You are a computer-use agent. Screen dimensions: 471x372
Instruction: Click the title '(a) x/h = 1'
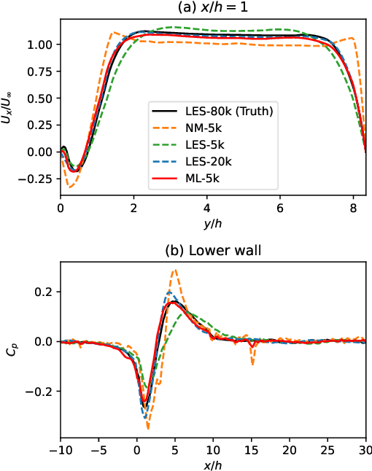coord(213,7)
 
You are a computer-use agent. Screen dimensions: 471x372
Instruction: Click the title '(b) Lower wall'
coord(213,253)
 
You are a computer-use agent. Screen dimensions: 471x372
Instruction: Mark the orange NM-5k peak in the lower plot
coord(174,270)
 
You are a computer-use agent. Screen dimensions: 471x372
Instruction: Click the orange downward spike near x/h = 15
coord(252,362)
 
